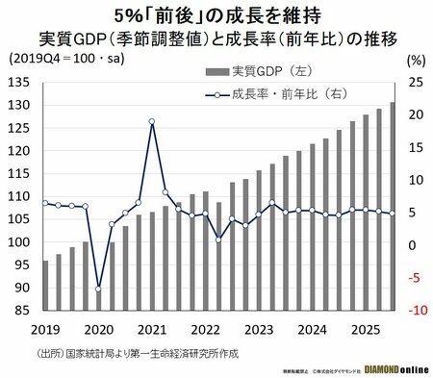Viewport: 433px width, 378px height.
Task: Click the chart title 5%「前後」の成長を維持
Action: click(x=216, y=15)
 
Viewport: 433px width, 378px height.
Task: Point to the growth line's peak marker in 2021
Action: click(x=152, y=122)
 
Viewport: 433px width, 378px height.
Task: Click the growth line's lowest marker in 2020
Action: click(x=98, y=289)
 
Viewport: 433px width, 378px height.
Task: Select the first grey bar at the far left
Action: click(x=45, y=285)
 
